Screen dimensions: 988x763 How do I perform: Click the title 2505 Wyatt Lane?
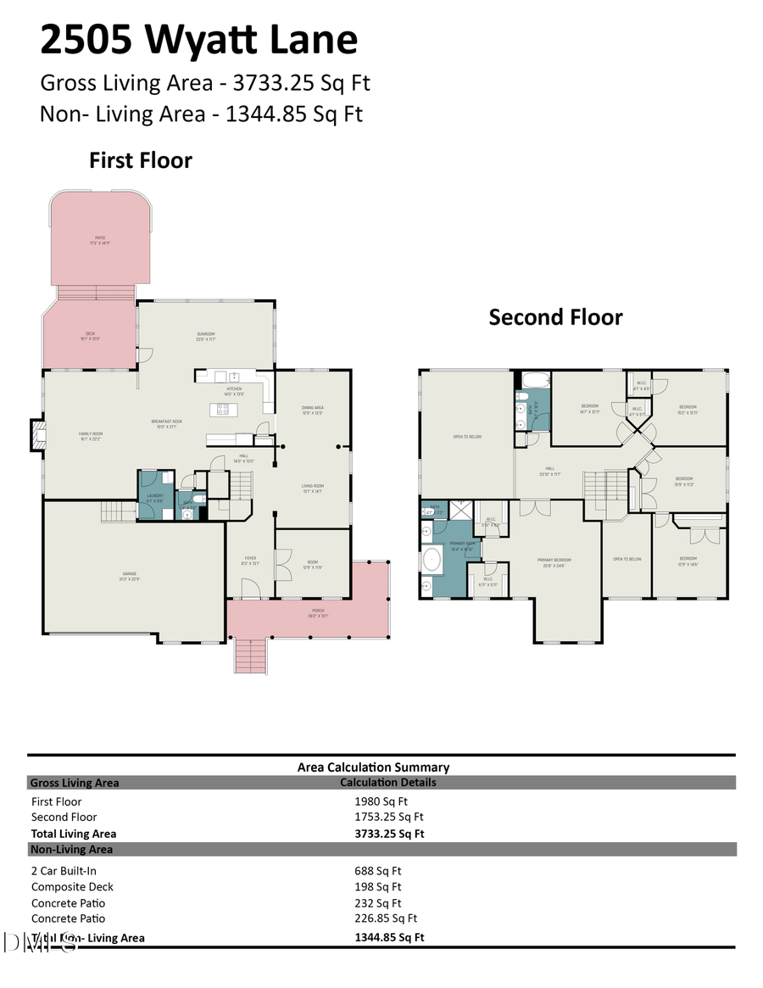(x=199, y=39)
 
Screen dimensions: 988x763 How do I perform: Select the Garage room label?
(x=130, y=575)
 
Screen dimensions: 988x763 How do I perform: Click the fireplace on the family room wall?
(x=36, y=433)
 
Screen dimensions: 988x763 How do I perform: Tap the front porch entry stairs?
(x=250, y=655)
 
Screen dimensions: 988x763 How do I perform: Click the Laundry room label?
(x=154, y=498)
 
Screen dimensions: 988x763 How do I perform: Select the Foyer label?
(x=249, y=559)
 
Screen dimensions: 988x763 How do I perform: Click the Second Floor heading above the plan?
(x=555, y=317)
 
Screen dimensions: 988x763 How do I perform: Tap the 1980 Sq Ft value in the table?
(x=381, y=801)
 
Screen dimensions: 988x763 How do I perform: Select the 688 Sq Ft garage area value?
(x=377, y=870)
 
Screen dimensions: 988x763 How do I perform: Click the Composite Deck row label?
(x=72, y=887)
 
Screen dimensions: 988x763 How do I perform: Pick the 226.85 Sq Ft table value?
(x=386, y=918)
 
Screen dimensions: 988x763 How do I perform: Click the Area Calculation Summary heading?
(x=373, y=767)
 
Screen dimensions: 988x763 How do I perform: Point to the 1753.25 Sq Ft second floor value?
(x=388, y=818)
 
